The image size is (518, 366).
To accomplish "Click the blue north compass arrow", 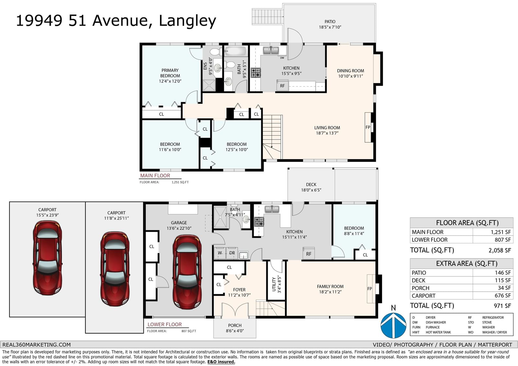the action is pos(393,325).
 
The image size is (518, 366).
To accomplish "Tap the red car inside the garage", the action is pos(187,272).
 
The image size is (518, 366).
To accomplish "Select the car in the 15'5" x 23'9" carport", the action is pos(47,258).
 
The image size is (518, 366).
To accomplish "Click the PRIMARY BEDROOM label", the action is pos(170,73).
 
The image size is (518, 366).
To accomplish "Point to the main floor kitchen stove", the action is pos(256,72).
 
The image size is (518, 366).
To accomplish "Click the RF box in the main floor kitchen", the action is pos(282,86).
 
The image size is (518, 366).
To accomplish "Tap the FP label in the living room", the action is pos(368,127).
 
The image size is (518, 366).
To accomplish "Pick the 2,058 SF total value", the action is pos(500,250).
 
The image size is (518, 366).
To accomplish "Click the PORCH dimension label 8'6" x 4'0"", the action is pos(235,331).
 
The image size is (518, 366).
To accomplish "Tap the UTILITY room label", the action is pos(274,284).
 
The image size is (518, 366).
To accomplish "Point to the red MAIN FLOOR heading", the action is pos(155,175).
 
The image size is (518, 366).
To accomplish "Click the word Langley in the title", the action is pos(187,21).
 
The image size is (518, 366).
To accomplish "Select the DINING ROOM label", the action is pos(350,71).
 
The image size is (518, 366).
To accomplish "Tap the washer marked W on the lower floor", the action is pos(220,253).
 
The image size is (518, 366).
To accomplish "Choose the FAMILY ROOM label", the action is pos(330,286).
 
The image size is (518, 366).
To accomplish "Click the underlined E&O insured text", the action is pos(221,362).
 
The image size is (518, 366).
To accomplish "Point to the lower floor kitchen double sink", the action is pos(272,209).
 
